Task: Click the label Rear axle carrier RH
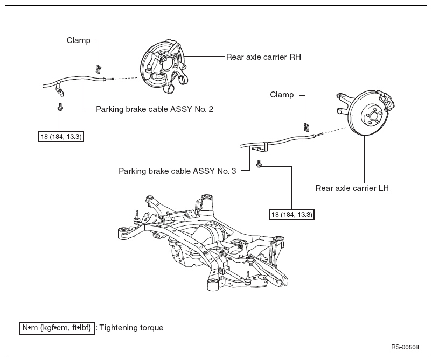coord(263,57)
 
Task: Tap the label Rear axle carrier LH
coord(352,188)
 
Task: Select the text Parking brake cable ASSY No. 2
coord(155,109)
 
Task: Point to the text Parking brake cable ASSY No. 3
coord(177,171)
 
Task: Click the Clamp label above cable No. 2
coord(79,40)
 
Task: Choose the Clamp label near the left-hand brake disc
coord(282,95)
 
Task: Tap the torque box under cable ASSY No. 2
coord(61,137)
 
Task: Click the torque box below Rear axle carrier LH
coord(291,215)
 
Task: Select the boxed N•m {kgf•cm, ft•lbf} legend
coord(57,328)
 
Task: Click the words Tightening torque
coord(131,328)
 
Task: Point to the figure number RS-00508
coord(405,347)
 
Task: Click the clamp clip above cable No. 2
coord(98,69)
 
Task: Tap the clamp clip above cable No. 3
coord(306,127)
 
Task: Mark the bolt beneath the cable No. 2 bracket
coord(60,107)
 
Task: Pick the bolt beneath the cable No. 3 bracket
coord(259,164)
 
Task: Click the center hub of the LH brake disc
coord(373,114)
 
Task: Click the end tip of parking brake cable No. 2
coord(113,79)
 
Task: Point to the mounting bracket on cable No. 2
coord(60,90)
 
